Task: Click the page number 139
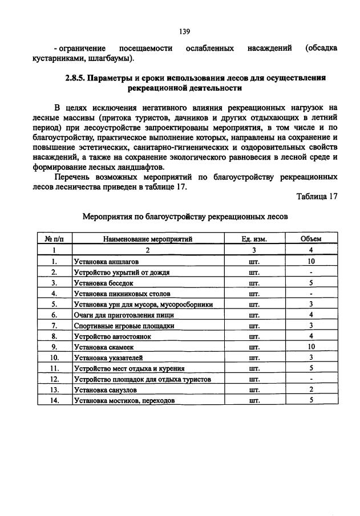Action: point(184,31)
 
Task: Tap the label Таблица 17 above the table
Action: point(317,197)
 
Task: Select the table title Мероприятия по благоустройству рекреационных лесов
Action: point(185,217)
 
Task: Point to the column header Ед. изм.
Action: point(254,239)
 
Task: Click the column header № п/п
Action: point(54,239)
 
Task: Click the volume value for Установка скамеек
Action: point(311,347)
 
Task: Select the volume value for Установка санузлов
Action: point(311,390)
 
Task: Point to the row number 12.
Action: point(54,379)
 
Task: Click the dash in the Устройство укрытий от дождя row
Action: point(311,272)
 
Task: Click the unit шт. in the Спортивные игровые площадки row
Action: point(254,326)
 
